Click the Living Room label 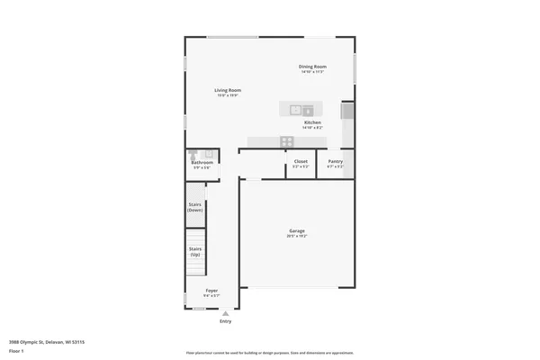pos(227,90)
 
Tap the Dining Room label pos(312,67)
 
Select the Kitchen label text pos(312,122)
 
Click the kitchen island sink pos(295,110)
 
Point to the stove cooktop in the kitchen pos(286,140)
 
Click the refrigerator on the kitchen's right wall pos(348,112)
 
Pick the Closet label pos(301,161)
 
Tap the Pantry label pos(335,161)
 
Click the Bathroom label pos(202,163)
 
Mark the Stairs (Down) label pos(194,207)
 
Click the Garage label pos(297,231)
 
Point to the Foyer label pos(211,291)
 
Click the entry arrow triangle pos(225,312)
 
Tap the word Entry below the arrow pos(225,321)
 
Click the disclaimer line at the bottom pos(270,353)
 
